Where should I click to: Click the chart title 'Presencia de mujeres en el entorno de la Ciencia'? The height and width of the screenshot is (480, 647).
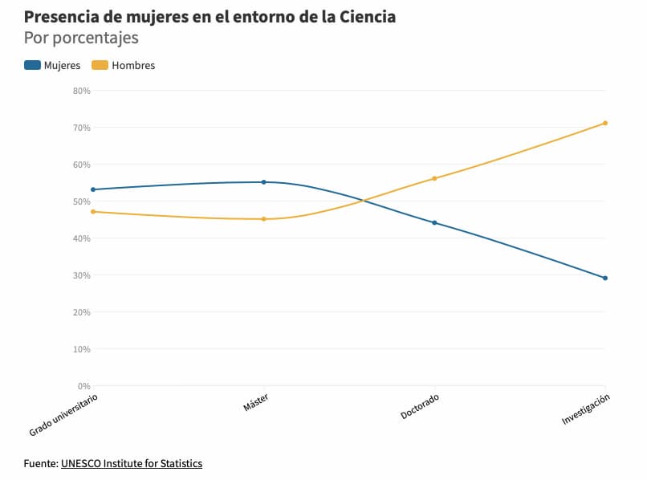[x=210, y=16]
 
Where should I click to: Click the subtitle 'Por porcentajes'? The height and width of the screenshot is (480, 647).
[x=81, y=38]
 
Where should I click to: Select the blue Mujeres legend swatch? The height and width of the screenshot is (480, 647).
[x=32, y=65]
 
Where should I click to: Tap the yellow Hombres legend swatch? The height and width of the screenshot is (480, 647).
[x=100, y=65]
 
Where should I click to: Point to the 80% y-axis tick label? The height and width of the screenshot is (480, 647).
[x=81, y=91]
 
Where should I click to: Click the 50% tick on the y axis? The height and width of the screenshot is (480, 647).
[x=81, y=201]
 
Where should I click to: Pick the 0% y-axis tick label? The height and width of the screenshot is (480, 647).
[x=83, y=386]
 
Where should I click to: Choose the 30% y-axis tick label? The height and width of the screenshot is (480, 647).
[x=81, y=275]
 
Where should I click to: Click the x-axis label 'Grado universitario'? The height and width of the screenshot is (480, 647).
[x=64, y=414]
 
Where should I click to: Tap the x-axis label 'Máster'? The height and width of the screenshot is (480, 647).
[x=255, y=403]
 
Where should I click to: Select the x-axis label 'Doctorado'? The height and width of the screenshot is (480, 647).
[x=420, y=406]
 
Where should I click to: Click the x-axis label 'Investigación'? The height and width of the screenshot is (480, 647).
[x=586, y=409]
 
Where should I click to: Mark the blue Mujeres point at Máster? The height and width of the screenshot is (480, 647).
[x=263, y=182]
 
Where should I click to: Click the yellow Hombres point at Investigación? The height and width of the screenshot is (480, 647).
[x=605, y=123]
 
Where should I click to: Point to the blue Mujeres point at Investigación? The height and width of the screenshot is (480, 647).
[x=605, y=278]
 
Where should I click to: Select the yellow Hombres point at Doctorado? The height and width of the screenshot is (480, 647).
[x=434, y=178]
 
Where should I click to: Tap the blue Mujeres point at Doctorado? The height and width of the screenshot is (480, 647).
[x=434, y=222]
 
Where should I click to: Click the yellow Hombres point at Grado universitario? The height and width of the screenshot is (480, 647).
[x=93, y=212]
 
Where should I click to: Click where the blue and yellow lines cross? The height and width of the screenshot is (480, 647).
[x=364, y=201]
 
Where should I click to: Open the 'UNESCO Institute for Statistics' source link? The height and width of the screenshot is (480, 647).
[x=132, y=463]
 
